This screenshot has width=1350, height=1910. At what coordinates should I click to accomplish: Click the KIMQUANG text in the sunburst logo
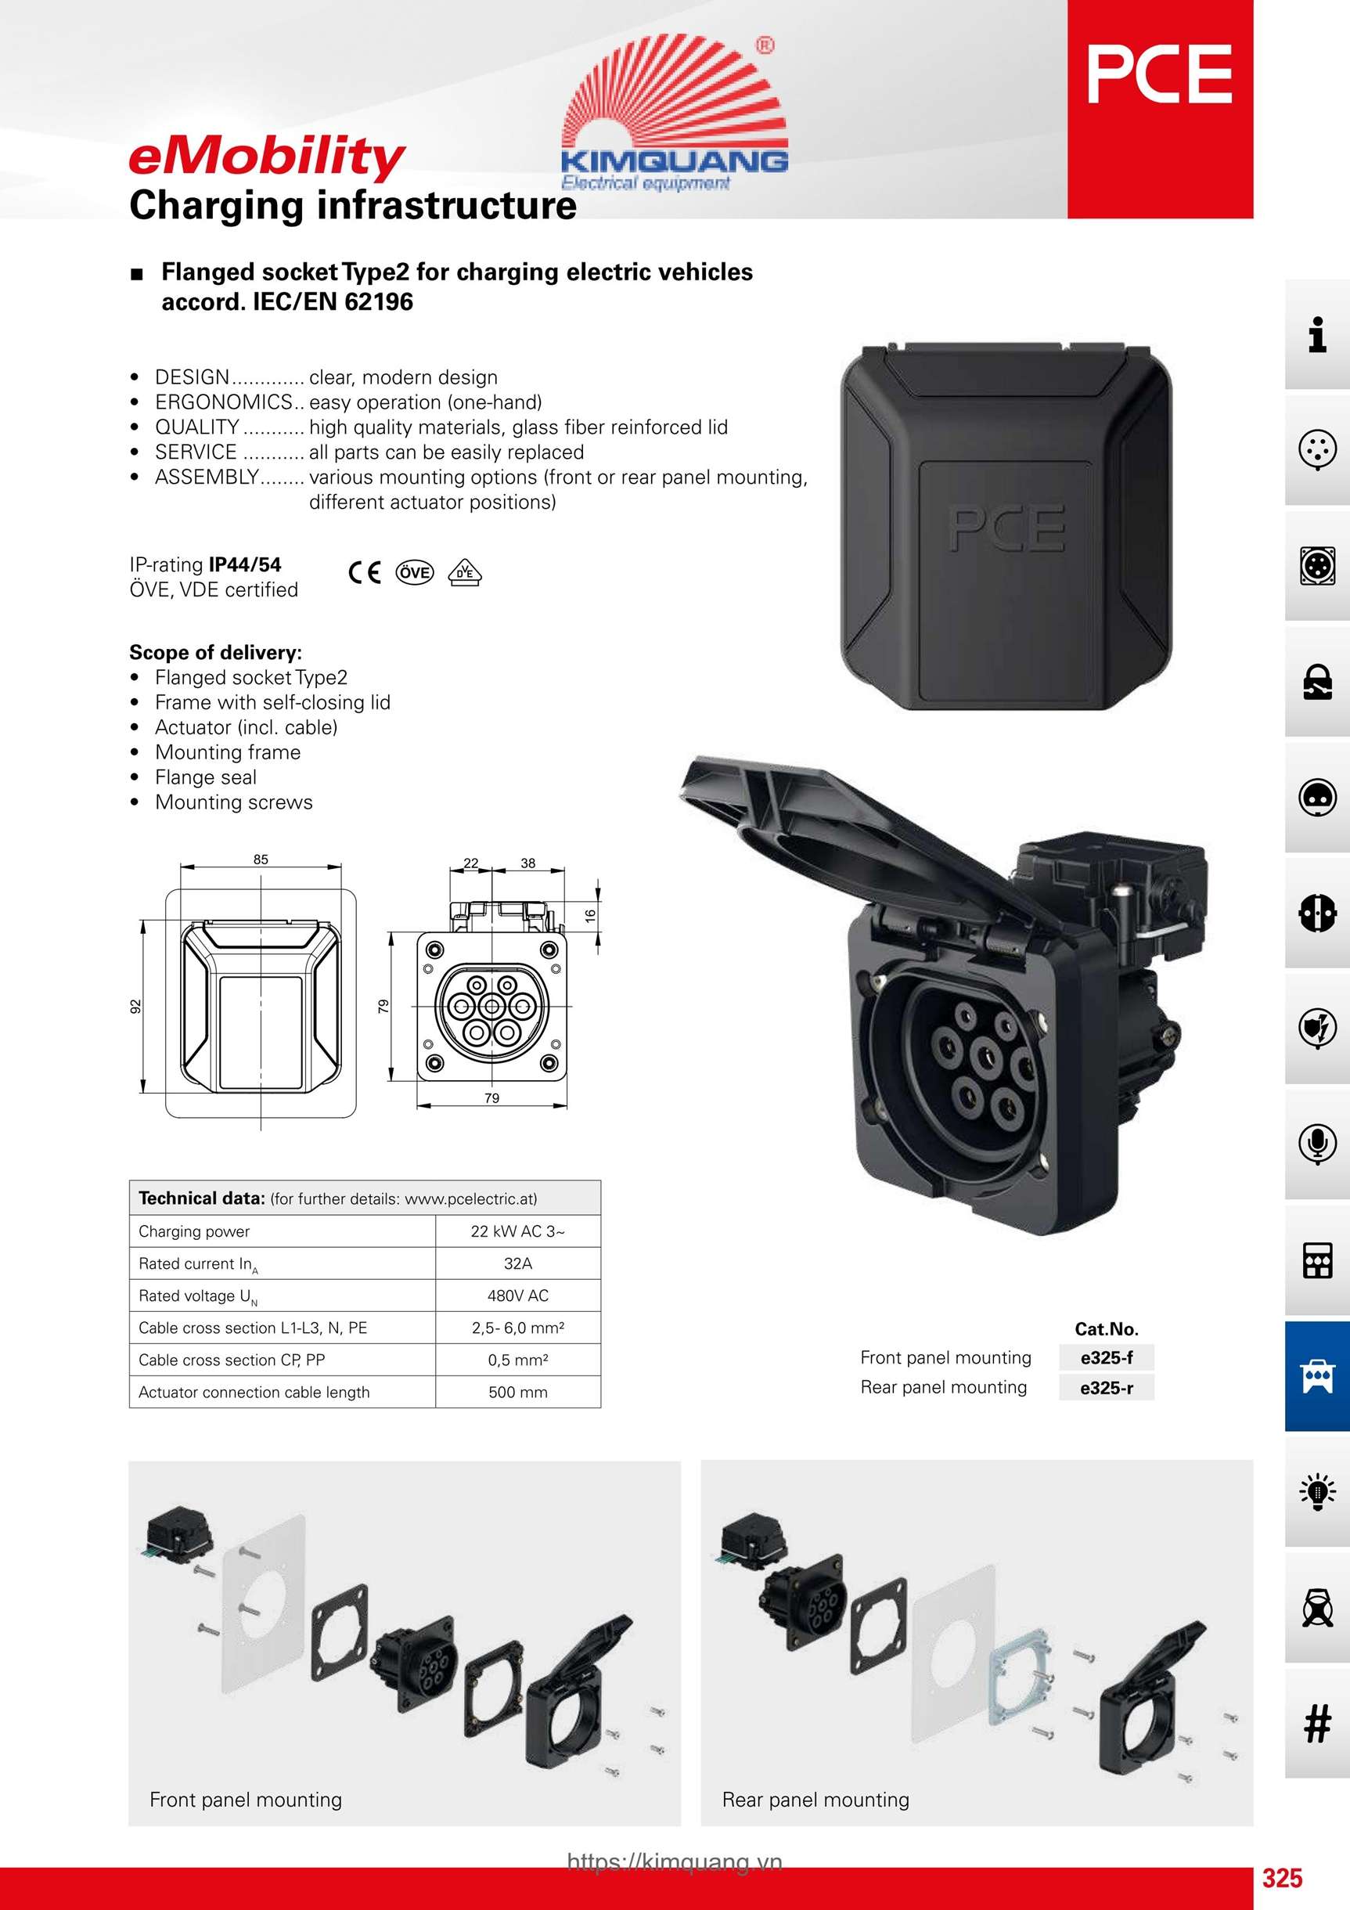pos(675,160)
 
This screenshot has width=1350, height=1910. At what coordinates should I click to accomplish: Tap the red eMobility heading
pos(267,158)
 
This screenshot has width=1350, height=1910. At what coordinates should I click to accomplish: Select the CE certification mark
pos(365,572)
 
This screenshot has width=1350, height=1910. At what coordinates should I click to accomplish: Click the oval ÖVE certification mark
pos(415,572)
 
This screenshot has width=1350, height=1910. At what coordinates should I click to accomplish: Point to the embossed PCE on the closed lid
pos(1006,528)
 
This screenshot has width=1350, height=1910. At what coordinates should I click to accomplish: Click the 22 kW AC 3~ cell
pos(517,1231)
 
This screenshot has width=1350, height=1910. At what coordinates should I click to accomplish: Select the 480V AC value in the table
pos(517,1296)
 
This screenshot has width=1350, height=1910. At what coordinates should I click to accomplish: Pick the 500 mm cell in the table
pos(517,1392)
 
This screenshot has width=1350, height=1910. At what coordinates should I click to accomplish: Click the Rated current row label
pos(199,1264)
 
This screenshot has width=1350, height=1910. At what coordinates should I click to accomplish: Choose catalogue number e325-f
pos(1107,1357)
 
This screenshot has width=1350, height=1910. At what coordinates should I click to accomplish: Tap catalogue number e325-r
pos(1107,1388)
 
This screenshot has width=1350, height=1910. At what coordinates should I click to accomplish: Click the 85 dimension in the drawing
pos(261,859)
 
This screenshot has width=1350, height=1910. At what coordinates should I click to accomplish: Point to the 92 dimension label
pos(135,1007)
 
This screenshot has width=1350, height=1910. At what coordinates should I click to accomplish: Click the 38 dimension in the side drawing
pos(528,863)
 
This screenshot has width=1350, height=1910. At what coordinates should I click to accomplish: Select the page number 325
pos(1283,1878)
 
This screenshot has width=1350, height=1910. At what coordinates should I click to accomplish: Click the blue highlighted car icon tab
pos(1318,1376)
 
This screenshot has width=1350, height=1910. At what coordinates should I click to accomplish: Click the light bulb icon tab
pos(1318,1491)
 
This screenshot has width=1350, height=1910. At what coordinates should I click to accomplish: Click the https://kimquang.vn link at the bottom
pos(675,1861)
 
